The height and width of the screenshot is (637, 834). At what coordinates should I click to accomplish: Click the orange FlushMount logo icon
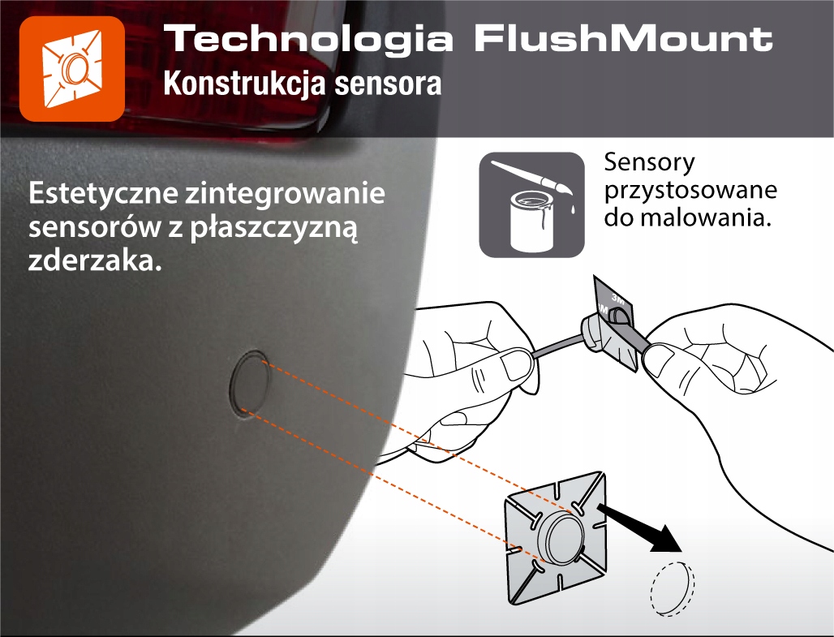pos(71,68)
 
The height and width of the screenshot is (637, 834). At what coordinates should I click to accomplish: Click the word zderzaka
pos(89,261)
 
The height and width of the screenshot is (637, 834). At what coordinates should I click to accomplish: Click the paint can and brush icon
pos(531,204)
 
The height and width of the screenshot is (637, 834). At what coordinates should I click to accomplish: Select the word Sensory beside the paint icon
pos(650,162)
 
